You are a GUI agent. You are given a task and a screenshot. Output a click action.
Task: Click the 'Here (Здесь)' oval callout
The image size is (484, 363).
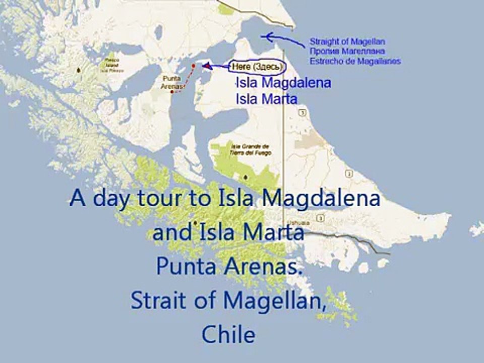point(257,67)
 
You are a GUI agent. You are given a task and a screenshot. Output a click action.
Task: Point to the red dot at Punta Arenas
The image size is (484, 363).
point(172,92)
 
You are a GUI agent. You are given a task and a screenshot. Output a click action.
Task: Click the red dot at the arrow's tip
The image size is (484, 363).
point(194,66)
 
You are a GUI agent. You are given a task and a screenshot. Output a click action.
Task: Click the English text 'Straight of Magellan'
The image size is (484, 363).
point(347,42)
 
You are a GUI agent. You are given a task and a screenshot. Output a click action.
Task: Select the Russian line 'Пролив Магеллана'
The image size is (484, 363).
point(347,51)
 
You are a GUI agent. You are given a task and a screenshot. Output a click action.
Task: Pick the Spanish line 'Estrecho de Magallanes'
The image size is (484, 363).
point(355,61)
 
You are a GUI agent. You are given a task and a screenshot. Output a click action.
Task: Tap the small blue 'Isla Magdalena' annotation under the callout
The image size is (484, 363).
point(283,83)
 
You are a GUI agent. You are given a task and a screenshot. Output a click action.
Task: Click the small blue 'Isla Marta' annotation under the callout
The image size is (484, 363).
point(266,98)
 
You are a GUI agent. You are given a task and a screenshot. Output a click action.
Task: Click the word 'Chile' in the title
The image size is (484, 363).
point(228,334)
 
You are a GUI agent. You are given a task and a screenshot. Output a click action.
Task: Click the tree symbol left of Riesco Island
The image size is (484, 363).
point(78,70)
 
